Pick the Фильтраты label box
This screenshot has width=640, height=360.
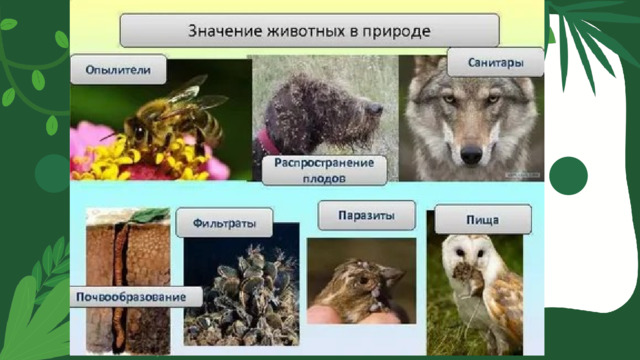[x=216, y=222]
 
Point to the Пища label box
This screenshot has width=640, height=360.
[x=483, y=218]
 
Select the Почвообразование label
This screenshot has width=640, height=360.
[x=134, y=298]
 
